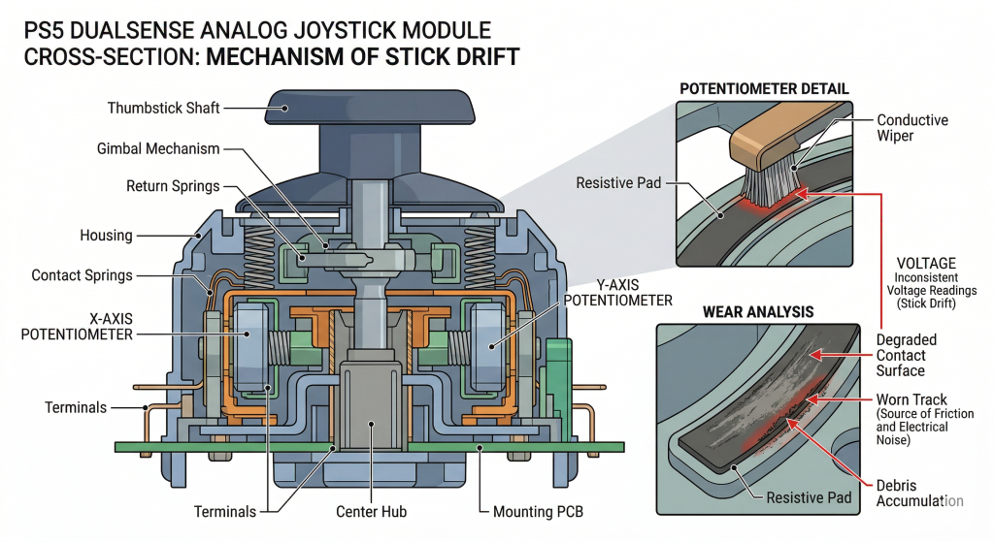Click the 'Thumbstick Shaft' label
pos(163,108)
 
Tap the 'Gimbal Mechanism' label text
pos(158,149)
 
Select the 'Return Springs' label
pos(173,185)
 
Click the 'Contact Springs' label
pos(82,275)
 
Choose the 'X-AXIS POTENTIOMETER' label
pos(77,325)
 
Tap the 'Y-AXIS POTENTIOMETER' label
pos(617,292)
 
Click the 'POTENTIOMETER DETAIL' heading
pos(764,89)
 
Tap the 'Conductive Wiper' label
pos(911,129)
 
